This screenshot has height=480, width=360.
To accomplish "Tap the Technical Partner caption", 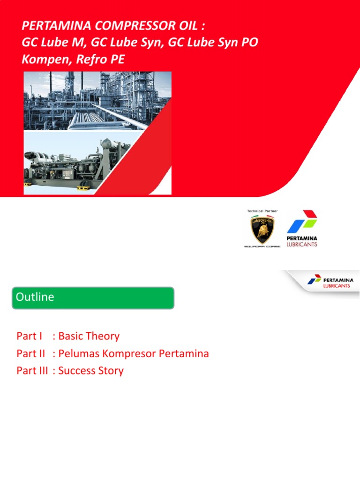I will click(262, 211).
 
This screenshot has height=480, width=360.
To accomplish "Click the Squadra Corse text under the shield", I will click(262, 246).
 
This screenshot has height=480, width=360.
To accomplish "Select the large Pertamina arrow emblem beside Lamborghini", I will click(302, 222).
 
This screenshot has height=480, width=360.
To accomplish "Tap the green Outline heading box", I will click(93, 298).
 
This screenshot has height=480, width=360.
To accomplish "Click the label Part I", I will click(30, 336).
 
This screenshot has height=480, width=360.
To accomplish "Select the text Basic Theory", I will click(89, 336).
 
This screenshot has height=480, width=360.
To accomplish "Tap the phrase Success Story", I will click(91, 371).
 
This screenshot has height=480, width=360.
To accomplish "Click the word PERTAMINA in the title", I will click(52, 24).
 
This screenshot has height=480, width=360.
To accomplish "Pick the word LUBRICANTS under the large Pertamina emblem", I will click(302, 244).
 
